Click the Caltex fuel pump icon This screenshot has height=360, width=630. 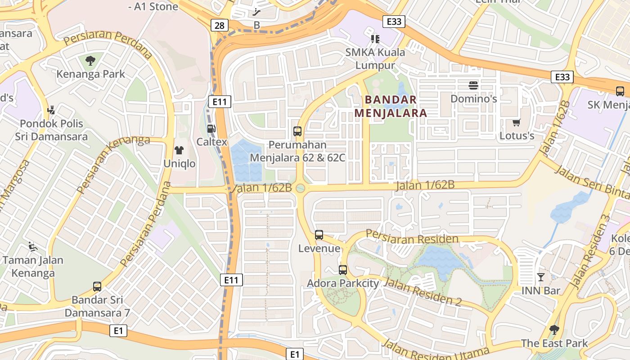click(211, 129)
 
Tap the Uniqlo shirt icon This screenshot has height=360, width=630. click(179, 150)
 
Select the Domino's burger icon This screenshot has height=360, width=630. click(473, 85)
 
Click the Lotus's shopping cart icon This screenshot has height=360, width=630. click(516, 122)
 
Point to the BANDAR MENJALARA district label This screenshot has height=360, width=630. click(390, 106)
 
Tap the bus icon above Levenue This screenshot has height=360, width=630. click(319, 235)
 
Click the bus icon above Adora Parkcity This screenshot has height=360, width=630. click(343, 270)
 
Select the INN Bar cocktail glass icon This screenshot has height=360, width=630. click(541, 277)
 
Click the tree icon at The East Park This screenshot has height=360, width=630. click(554, 330)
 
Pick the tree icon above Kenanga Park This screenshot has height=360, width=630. click(90, 60)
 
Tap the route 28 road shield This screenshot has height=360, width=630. click(219, 25)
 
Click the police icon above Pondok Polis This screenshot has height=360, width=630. click(51, 110)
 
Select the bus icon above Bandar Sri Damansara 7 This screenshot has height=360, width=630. click(97, 286)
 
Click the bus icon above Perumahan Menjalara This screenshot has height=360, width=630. click(297, 131)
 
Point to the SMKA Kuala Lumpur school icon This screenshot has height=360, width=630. click(375, 39)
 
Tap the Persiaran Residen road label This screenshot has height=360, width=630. click(412, 237)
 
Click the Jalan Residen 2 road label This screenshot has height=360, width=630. click(423, 292)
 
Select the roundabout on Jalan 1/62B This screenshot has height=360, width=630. click(301, 188)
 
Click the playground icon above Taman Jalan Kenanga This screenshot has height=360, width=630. click(32, 246)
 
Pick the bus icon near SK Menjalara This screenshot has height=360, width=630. click(620, 91)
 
